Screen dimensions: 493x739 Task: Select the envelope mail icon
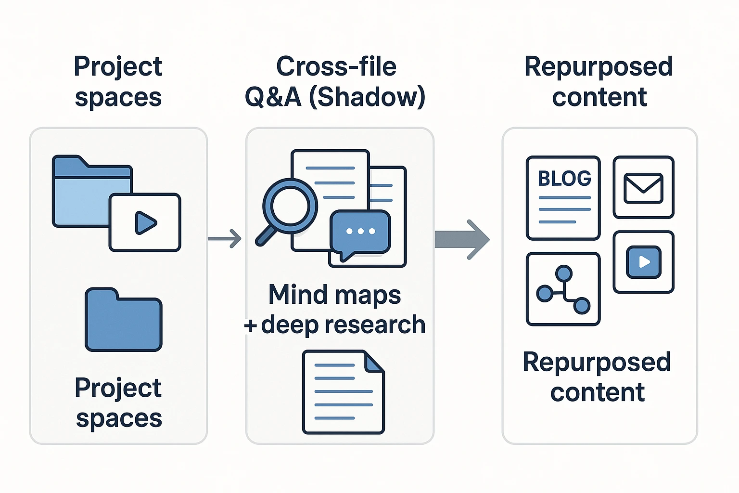(x=643, y=188)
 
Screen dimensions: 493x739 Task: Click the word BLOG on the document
(x=564, y=179)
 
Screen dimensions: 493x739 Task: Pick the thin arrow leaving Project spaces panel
(x=225, y=238)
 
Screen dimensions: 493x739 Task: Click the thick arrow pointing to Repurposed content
(x=462, y=239)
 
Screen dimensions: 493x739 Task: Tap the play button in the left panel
(x=145, y=222)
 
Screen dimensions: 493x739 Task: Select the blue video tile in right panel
(x=643, y=262)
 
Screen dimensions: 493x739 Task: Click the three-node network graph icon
(x=563, y=289)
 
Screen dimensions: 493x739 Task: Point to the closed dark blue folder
(x=124, y=320)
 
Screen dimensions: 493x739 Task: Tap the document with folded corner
(x=343, y=392)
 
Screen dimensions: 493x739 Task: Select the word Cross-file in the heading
(x=336, y=66)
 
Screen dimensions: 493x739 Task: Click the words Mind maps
(x=334, y=295)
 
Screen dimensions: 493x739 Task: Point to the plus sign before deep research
(x=250, y=325)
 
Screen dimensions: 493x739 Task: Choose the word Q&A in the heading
(x=273, y=97)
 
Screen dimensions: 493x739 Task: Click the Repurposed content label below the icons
(x=597, y=377)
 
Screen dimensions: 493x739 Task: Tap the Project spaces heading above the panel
(x=118, y=81)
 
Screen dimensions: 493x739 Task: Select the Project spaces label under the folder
(x=118, y=403)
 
